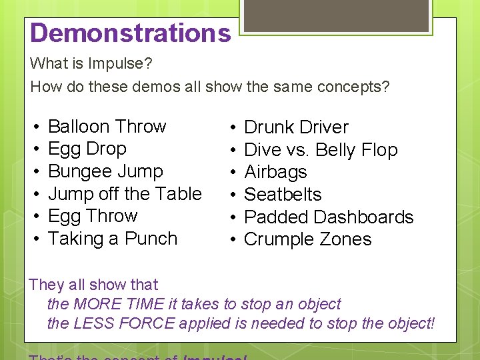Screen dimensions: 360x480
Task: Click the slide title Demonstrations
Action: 131,33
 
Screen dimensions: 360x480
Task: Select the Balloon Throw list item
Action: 107,127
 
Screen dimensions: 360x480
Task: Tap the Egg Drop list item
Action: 87,149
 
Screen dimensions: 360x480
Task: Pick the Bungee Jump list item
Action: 105,171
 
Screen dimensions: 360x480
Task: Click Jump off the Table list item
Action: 125,194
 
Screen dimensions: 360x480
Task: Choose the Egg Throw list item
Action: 93,216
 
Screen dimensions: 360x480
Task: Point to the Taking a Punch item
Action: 113,239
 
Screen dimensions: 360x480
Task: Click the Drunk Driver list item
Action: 296,127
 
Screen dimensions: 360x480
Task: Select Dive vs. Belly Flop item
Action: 321,150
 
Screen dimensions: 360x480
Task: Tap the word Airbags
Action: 275,172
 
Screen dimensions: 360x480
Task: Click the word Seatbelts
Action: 283,195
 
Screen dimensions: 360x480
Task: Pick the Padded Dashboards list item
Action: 329,217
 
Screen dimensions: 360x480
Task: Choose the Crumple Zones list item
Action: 307,239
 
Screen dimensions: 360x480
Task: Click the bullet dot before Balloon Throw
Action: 34,127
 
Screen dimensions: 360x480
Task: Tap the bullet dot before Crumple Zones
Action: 231,240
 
